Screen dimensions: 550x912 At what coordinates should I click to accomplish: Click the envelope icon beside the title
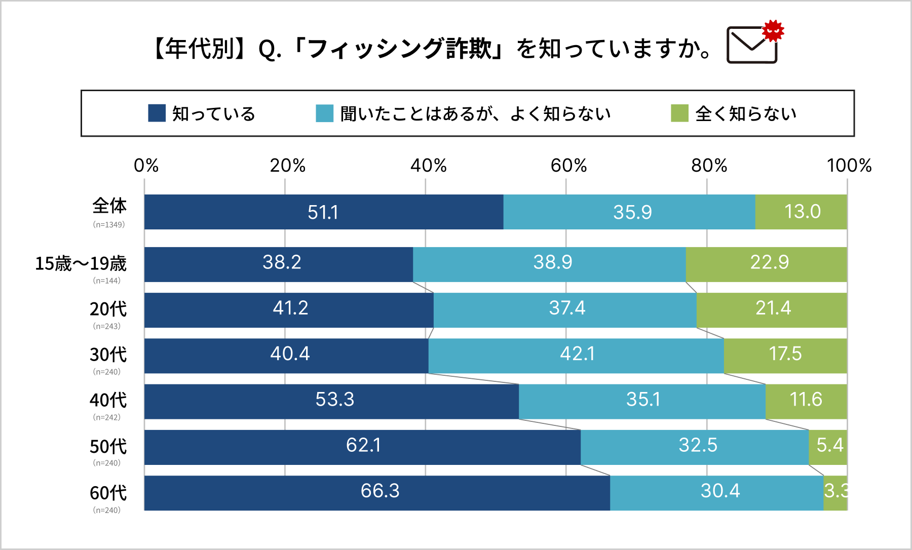tap(751, 46)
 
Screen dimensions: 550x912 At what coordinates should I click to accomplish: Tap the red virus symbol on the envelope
tap(773, 31)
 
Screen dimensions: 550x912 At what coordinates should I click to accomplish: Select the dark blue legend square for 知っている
tap(157, 113)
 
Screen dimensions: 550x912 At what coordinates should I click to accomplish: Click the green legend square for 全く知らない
tap(679, 113)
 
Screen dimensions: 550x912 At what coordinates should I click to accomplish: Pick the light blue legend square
tap(324, 113)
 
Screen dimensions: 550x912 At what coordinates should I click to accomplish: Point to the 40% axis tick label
tap(428, 166)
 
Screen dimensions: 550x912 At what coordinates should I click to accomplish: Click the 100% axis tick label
tap(849, 166)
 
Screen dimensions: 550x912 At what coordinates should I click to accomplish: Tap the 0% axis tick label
tap(146, 166)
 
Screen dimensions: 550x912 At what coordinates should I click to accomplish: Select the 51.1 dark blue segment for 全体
tap(323, 212)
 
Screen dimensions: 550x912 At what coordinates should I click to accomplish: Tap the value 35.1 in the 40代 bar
tap(643, 400)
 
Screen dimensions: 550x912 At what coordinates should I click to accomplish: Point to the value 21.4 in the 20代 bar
tap(773, 308)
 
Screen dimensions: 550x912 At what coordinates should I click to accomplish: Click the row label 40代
tap(108, 400)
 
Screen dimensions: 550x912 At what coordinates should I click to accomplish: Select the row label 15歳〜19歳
tap(81, 263)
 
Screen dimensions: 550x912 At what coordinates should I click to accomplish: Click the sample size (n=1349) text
tap(108, 224)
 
